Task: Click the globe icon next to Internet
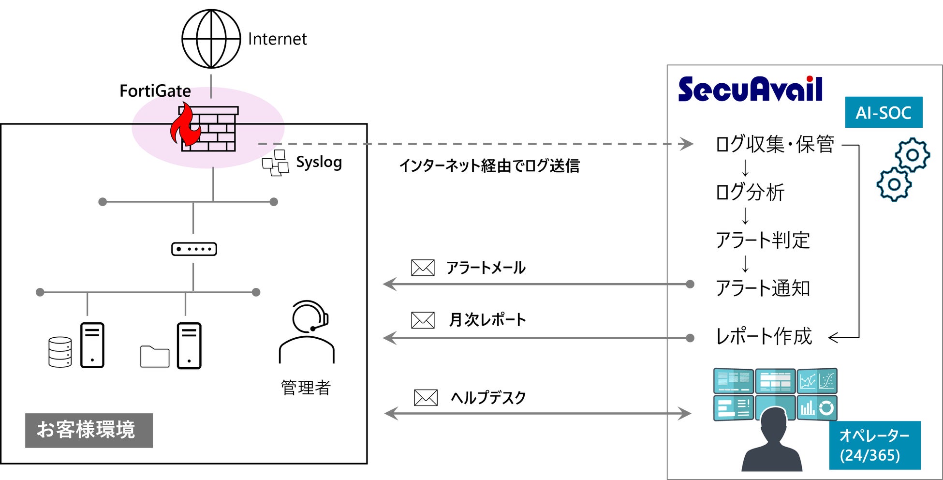pos(211,39)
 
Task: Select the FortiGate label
pos(155,91)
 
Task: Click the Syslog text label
pos(319,163)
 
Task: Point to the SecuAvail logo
pos(750,89)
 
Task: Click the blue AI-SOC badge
pos(883,112)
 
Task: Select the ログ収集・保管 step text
pos(775,144)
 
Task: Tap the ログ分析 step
pos(750,192)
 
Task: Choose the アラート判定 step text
pos(763,240)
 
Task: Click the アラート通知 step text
pos(763,288)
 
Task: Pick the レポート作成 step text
pos(764,336)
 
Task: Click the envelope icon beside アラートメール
pos(423,268)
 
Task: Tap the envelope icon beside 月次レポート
pos(423,320)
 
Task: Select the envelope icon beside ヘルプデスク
pos(426,398)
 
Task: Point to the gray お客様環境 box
pos(89,430)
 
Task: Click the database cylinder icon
pos(60,352)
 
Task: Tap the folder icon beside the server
pos(155,357)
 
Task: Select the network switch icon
pos(194,249)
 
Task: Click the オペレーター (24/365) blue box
pos(874,445)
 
